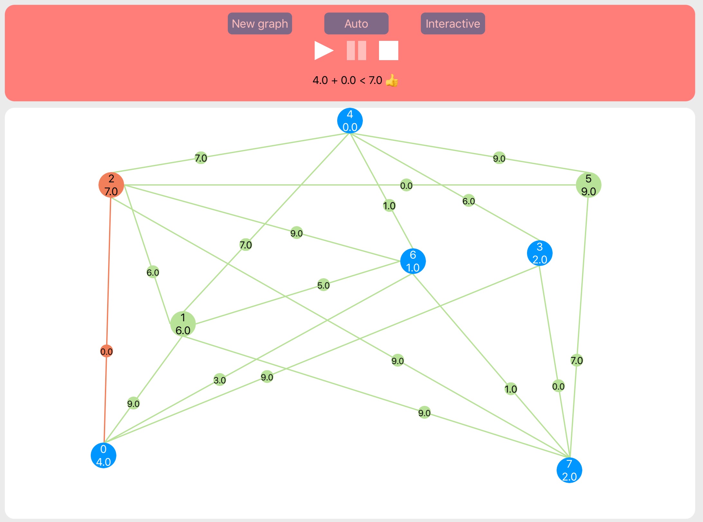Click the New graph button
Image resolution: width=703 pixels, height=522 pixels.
[260, 23]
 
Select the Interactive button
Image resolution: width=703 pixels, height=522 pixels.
[452, 23]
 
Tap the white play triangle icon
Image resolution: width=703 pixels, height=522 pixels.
[323, 50]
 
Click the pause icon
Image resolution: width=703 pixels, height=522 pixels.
[356, 50]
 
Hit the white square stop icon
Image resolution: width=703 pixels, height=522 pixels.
[388, 50]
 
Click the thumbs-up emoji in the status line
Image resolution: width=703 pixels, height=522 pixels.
[392, 80]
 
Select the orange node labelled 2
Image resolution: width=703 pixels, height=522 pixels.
[111, 185]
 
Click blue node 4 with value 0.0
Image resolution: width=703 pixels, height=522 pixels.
[350, 121]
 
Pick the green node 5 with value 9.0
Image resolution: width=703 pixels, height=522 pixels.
[588, 185]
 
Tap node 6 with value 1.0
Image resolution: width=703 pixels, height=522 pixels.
[413, 261]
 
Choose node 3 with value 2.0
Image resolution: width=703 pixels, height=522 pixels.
[540, 253]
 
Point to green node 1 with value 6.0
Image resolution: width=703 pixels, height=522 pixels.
[183, 324]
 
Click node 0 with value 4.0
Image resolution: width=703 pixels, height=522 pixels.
[103, 455]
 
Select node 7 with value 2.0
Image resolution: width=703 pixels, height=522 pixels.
[569, 470]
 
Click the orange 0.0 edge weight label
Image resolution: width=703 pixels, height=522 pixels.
[106, 352]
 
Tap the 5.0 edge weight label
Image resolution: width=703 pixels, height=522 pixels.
[323, 285]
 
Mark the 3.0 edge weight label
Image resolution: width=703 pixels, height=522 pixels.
[220, 380]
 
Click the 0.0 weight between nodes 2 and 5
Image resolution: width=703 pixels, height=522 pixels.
[406, 185]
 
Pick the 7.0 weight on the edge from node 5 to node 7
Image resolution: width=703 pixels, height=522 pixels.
[576, 360]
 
